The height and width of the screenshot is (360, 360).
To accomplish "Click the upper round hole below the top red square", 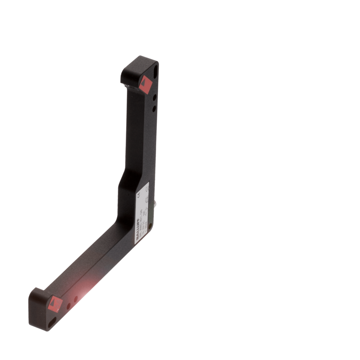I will pos(154,97).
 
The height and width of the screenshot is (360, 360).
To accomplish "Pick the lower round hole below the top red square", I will pos(154,108).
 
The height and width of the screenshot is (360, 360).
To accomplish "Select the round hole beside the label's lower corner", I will pos(150,226).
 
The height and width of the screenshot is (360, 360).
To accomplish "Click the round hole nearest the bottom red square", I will pos(68,306).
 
